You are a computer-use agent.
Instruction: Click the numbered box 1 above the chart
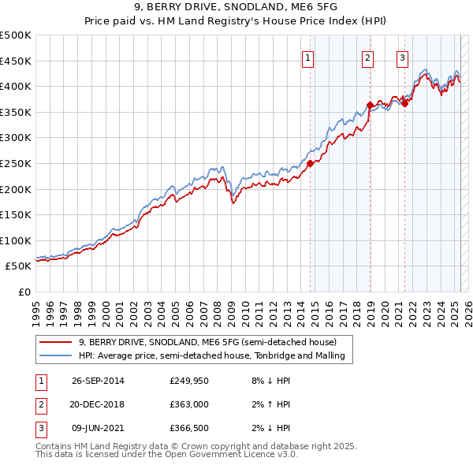click(307, 57)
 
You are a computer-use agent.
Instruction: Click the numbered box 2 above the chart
click(367, 57)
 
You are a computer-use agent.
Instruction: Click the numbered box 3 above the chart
click(402, 57)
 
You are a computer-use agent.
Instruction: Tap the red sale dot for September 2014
click(310, 163)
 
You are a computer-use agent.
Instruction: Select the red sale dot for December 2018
click(370, 105)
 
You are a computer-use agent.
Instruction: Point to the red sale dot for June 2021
click(405, 102)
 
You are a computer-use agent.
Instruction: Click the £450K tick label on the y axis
click(16, 61)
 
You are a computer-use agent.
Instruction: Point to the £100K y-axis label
click(16, 240)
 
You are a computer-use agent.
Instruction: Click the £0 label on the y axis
click(25, 292)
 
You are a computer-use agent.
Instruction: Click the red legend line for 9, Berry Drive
click(56, 342)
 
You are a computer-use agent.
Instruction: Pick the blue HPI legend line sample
click(56, 355)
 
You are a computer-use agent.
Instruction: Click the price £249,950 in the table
click(189, 380)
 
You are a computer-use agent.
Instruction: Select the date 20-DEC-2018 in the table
click(97, 404)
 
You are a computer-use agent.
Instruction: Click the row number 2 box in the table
click(39, 404)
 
